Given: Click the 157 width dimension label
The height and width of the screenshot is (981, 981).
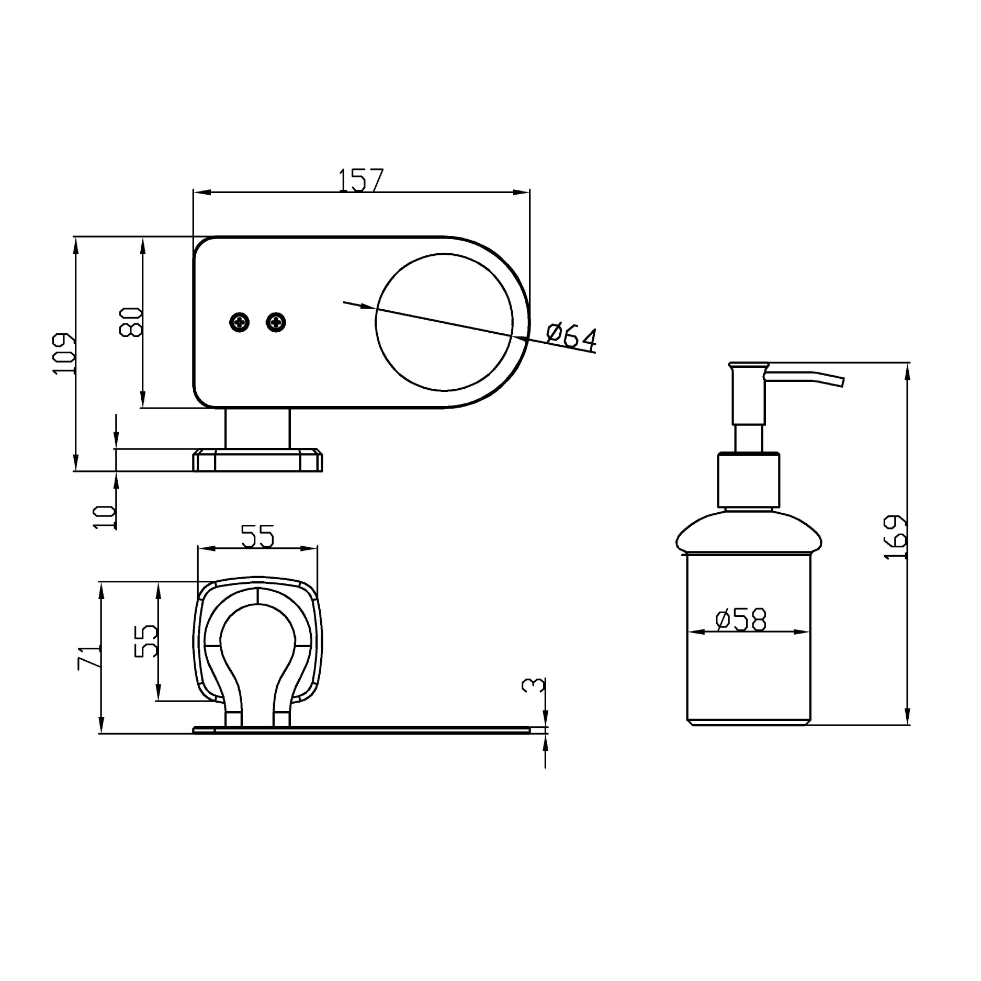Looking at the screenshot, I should (x=361, y=180).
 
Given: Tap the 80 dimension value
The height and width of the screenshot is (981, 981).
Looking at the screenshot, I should (x=131, y=322).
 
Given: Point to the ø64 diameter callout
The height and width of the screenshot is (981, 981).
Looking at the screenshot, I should (x=571, y=336).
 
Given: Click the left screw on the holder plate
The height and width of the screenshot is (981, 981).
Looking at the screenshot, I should (x=240, y=322).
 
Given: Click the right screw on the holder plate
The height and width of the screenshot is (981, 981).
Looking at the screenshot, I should (x=276, y=322).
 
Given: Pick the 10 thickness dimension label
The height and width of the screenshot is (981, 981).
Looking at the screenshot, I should (x=105, y=517).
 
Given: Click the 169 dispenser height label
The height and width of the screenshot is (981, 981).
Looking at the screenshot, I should (x=895, y=537).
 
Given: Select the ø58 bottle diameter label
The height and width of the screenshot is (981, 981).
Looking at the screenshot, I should (x=741, y=620).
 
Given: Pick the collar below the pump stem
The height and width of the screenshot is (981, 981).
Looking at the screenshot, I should (x=749, y=480).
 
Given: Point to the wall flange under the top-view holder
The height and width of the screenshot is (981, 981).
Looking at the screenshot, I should (x=257, y=460).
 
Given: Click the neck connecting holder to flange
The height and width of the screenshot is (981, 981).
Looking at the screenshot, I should (x=257, y=428).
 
